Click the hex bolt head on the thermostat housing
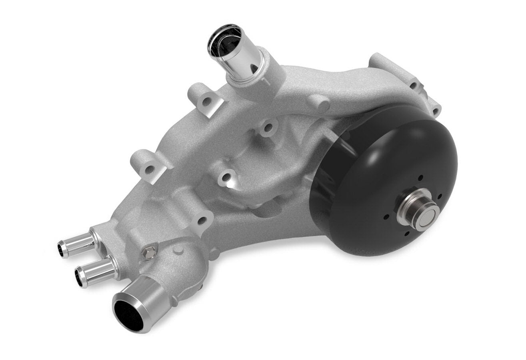coord(149,253)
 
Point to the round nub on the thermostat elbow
coord(178,250)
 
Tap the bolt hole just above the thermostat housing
coord(202,220)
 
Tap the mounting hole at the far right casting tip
coord(435,109)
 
